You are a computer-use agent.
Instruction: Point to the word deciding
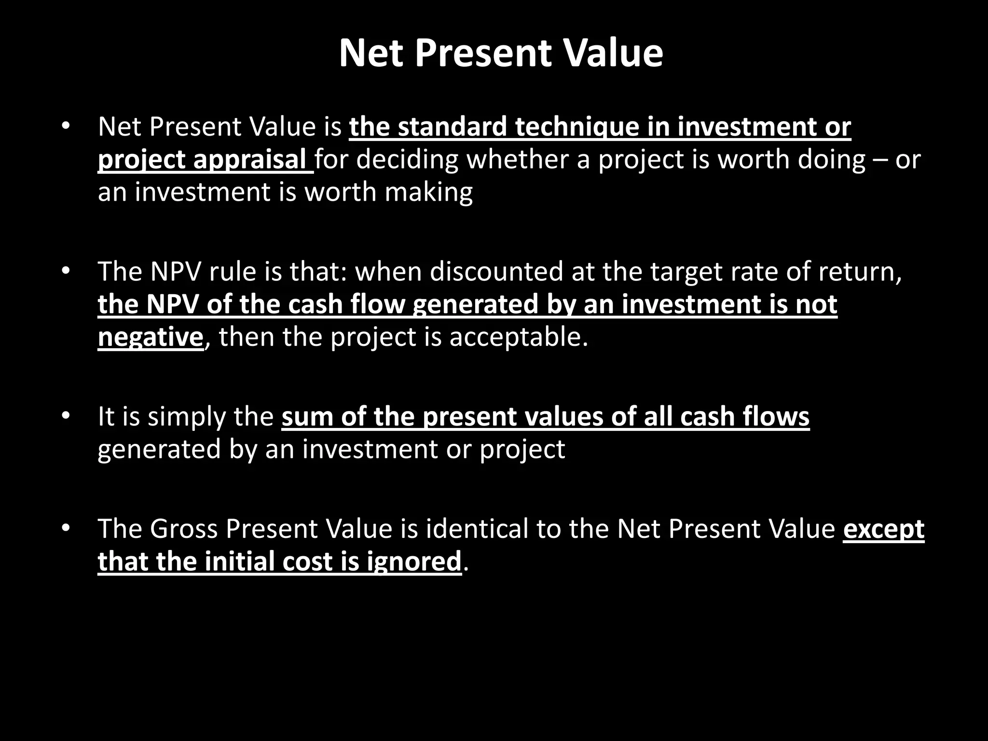pyautogui.click(x=407, y=159)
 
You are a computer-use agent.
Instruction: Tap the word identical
pyautogui.click(x=477, y=529)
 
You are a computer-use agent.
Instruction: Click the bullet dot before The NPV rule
pyautogui.click(x=66, y=272)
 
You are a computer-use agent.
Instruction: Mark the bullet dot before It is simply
pyautogui.click(x=66, y=416)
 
